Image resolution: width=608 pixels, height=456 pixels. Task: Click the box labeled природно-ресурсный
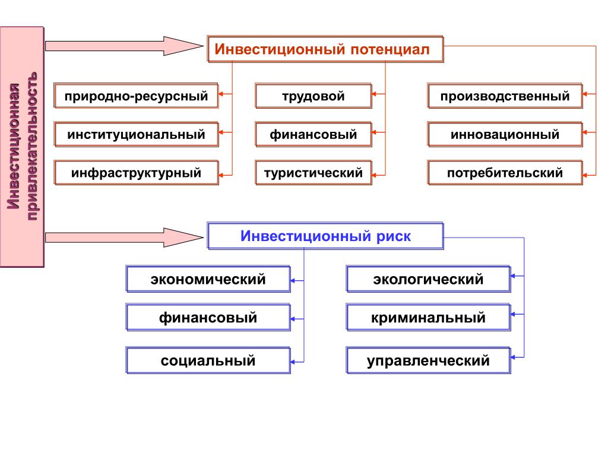pyautogui.click(x=136, y=96)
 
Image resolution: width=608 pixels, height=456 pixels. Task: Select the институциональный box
pyautogui.click(x=136, y=134)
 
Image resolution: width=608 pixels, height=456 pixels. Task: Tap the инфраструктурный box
pyautogui.click(x=136, y=173)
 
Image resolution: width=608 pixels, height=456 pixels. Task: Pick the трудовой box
pyautogui.click(x=313, y=96)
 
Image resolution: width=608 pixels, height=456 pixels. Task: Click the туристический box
pyautogui.click(x=313, y=173)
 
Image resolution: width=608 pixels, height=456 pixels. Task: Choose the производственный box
pyautogui.click(x=505, y=96)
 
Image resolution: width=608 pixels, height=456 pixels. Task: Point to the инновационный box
pyautogui.click(x=505, y=134)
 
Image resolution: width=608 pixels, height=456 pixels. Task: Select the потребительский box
pyautogui.click(x=505, y=173)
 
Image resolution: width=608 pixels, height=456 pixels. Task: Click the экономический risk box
pyautogui.click(x=208, y=279)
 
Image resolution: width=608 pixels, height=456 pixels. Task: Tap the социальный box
pyautogui.click(x=208, y=360)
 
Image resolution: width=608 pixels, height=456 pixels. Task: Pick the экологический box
pyautogui.click(x=428, y=279)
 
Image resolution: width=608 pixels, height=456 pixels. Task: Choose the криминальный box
pyautogui.click(x=428, y=318)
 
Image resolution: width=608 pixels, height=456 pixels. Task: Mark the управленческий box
pyautogui.click(x=428, y=360)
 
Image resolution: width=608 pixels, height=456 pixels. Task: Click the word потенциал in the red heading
pyautogui.click(x=390, y=50)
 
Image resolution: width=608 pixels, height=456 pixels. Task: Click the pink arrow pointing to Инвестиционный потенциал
pyautogui.click(x=125, y=46)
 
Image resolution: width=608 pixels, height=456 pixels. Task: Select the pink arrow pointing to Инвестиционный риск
pyautogui.click(x=125, y=237)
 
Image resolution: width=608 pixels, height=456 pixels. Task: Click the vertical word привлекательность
pyautogui.click(x=32, y=146)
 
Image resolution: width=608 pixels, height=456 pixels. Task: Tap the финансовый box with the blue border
pyautogui.click(x=208, y=318)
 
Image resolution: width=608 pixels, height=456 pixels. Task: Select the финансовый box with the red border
pyautogui.click(x=313, y=134)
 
